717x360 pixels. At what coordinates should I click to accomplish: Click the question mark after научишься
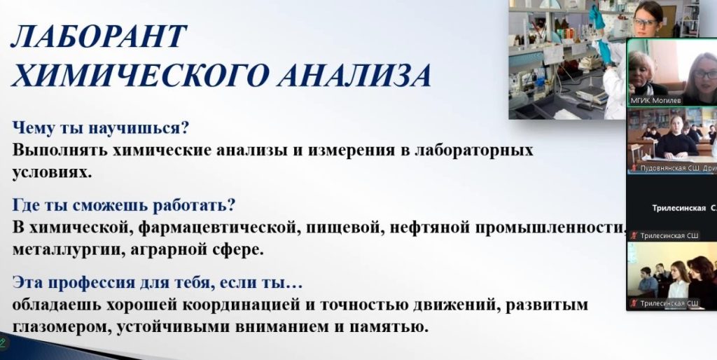[185, 128]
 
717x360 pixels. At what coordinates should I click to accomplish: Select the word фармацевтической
[219, 228]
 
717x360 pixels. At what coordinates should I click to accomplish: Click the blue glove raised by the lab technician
[596, 17]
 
